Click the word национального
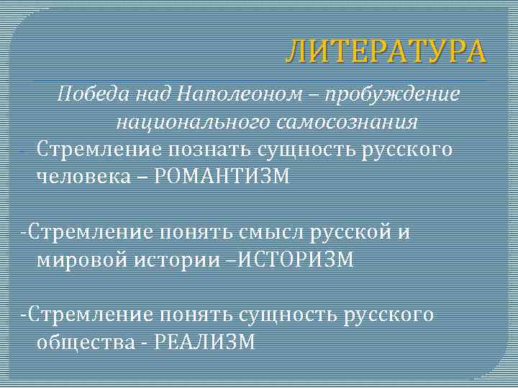pyautogui.click(x=190, y=121)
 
